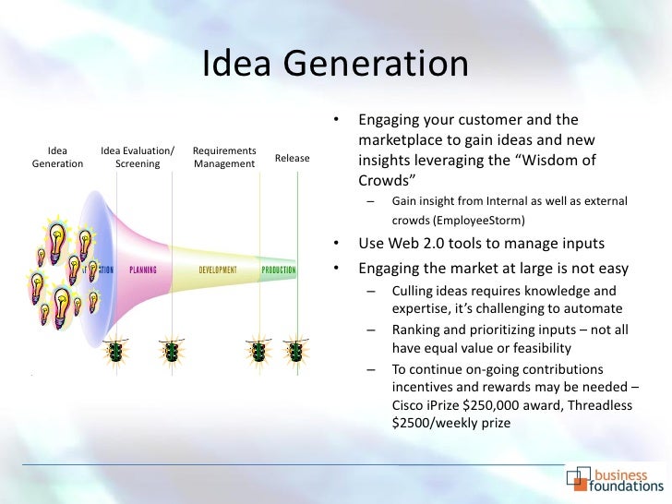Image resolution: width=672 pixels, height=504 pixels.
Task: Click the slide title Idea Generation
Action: (335, 65)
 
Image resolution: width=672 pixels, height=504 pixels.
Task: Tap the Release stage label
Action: (293, 158)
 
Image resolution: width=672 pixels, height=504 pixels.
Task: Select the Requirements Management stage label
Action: (224, 157)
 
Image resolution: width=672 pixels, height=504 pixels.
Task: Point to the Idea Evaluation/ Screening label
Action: (138, 157)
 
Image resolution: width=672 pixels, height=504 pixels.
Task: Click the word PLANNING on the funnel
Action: (143, 270)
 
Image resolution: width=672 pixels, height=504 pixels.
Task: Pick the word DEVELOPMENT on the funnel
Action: (218, 270)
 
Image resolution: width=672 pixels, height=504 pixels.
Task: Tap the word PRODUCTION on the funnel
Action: (278, 270)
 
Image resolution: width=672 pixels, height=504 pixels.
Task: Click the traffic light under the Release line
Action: (295, 352)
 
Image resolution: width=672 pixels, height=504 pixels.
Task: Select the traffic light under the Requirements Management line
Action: (258, 352)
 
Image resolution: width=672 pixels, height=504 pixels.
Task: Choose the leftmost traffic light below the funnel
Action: (116, 352)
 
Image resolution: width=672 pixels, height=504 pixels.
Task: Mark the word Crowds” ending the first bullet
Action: (389, 179)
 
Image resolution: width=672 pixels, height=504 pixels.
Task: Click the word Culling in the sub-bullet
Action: (412, 292)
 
